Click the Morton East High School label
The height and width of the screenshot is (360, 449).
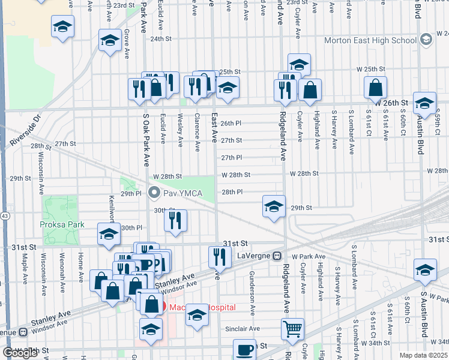(370, 40)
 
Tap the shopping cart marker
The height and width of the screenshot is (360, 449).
(293, 328)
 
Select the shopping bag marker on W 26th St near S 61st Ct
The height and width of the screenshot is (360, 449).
(375, 88)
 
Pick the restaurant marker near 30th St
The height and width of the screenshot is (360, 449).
(175, 220)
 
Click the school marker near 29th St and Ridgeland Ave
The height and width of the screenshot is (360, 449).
(273, 207)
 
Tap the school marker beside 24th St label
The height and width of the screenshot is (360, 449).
(109, 41)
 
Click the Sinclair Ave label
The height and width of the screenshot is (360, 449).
(243, 329)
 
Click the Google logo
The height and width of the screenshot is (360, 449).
(20, 353)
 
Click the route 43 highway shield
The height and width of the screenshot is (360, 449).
(4, 215)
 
